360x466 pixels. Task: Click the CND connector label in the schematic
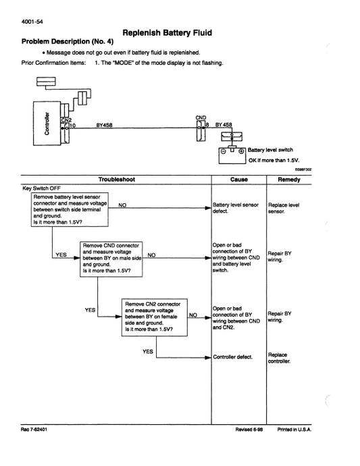coord(200,118)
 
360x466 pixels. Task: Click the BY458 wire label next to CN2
coord(105,125)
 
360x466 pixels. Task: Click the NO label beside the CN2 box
coord(192,315)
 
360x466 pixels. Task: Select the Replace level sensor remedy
coord(284,207)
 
